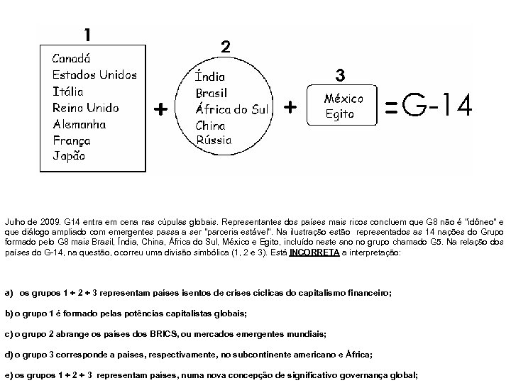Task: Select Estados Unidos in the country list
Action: pyautogui.click(x=94, y=74)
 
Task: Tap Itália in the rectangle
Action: pyautogui.click(x=68, y=91)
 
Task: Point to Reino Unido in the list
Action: pyautogui.click(x=86, y=108)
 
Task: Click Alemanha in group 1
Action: pyautogui.click(x=79, y=124)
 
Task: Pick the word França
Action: pyautogui.click(x=72, y=140)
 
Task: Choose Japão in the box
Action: pyautogui.click(x=69, y=157)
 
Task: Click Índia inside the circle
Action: pyautogui.click(x=211, y=76)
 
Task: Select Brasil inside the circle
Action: pyautogui.click(x=212, y=92)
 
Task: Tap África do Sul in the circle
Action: pyautogui.click(x=232, y=109)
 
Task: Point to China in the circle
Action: pyautogui.click(x=210, y=126)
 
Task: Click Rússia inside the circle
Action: pyautogui.click(x=214, y=140)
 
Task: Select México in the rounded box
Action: pyautogui.click(x=344, y=99)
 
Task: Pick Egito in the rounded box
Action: pyautogui.click(x=339, y=113)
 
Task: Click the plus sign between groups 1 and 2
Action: pyautogui.click(x=161, y=109)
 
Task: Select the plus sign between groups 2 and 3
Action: pyautogui.click(x=290, y=107)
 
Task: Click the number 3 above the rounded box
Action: pyautogui.click(x=340, y=74)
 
